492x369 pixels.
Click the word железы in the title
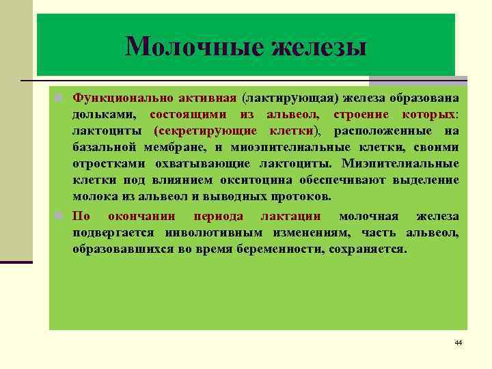(319, 48)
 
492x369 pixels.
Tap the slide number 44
(458, 342)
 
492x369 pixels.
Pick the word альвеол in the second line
(291, 113)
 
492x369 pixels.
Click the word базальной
(105, 147)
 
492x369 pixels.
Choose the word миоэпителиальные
(309, 147)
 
